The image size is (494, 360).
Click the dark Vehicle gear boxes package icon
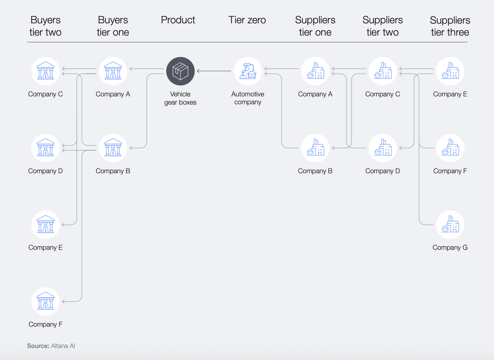[180, 71]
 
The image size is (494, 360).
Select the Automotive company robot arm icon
[248, 71]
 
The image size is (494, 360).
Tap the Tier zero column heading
[247, 20]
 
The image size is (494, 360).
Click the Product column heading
[178, 20]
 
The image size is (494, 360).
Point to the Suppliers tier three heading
[450, 26]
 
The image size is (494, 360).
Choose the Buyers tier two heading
[45, 26]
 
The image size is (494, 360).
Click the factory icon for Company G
[450, 225]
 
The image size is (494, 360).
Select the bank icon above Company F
[45, 301]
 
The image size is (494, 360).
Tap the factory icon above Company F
[450, 148]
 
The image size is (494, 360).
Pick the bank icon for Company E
[45, 225]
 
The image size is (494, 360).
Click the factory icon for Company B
[315, 148]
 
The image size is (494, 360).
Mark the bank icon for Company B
[113, 148]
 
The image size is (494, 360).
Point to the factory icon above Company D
[382, 148]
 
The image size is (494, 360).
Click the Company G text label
[450, 248]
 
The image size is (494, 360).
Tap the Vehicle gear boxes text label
[180, 98]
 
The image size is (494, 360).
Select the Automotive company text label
[248, 98]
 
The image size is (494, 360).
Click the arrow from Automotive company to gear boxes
[214, 71]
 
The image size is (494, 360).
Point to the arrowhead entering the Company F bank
[63, 301]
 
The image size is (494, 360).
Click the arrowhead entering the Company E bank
[63, 225]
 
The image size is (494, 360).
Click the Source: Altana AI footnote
[51, 346]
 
